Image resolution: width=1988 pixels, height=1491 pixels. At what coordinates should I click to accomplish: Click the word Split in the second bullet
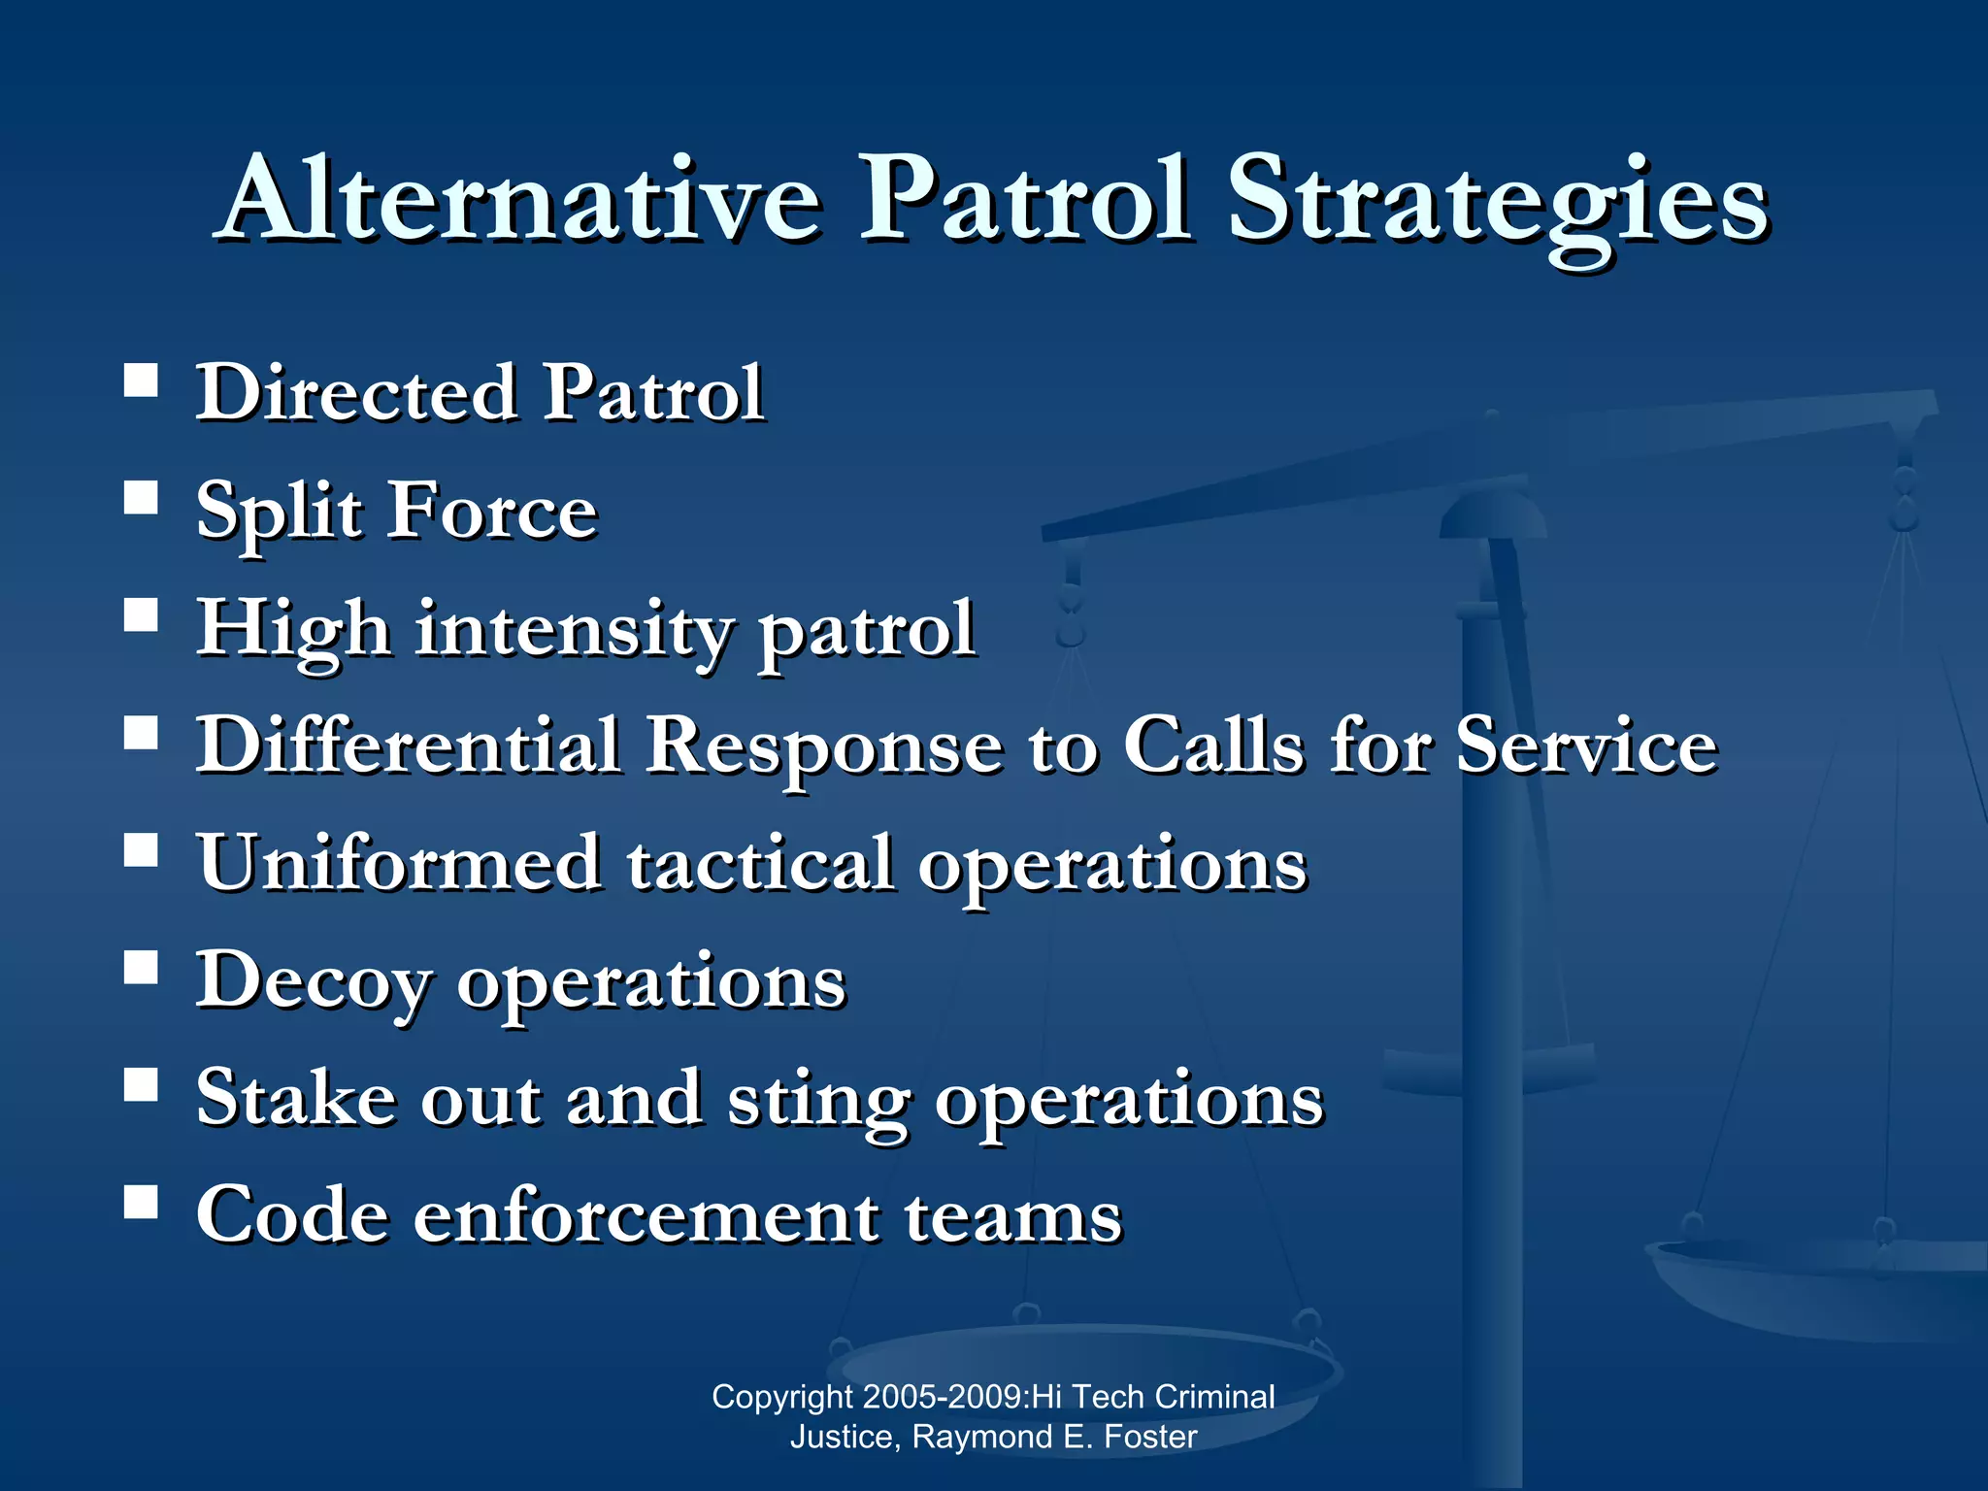pyautogui.click(x=279, y=512)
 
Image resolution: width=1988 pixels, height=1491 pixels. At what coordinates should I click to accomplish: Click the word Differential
pyautogui.click(x=409, y=745)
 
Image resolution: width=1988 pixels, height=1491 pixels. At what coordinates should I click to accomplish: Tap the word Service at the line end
pyautogui.click(x=1586, y=745)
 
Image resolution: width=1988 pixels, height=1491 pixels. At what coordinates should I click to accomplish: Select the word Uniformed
pyautogui.click(x=399, y=863)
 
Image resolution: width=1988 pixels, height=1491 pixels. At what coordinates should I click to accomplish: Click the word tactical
pyautogui.click(x=759, y=863)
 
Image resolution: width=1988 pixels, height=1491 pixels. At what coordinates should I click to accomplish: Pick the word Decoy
pyautogui.click(x=313, y=981)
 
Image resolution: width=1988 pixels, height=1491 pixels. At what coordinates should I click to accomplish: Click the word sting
pyautogui.click(x=818, y=1100)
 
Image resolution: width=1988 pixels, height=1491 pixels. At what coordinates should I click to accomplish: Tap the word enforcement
pyautogui.click(x=646, y=1215)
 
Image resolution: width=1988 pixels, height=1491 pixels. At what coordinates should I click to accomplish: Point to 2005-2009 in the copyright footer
pyautogui.click(x=941, y=1397)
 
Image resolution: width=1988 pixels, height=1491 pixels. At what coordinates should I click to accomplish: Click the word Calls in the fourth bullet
pyautogui.click(x=1213, y=745)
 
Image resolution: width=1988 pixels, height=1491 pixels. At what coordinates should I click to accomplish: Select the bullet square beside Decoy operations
pyautogui.click(x=142, y=968)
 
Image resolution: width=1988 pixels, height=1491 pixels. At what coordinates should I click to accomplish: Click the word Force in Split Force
pyautogui.click(x=492, y=512)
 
